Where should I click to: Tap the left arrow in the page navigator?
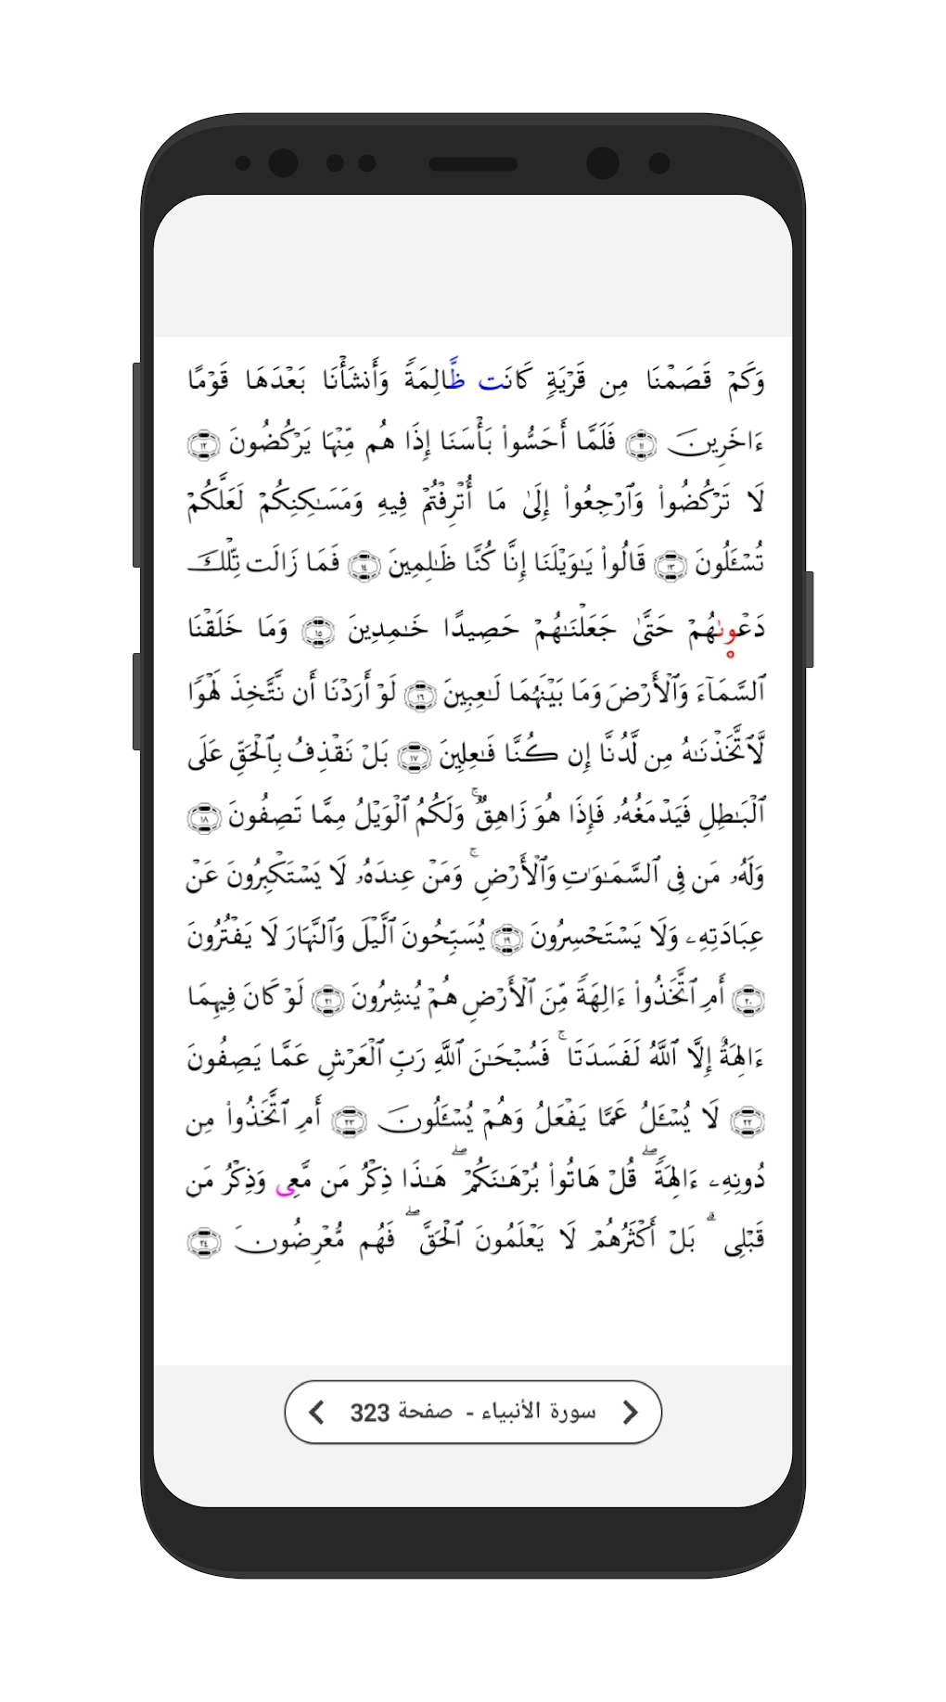pos(317,1412)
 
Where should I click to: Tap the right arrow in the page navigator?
pos(630,1412)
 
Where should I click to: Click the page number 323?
pos(369,1413)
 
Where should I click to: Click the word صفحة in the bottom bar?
pos(425,1412)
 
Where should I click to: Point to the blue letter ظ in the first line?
pos(456,378)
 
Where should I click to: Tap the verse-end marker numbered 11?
pos(641,444)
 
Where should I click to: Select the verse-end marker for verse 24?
pos(204,1243)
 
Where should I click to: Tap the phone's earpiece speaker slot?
pos(473,164)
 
